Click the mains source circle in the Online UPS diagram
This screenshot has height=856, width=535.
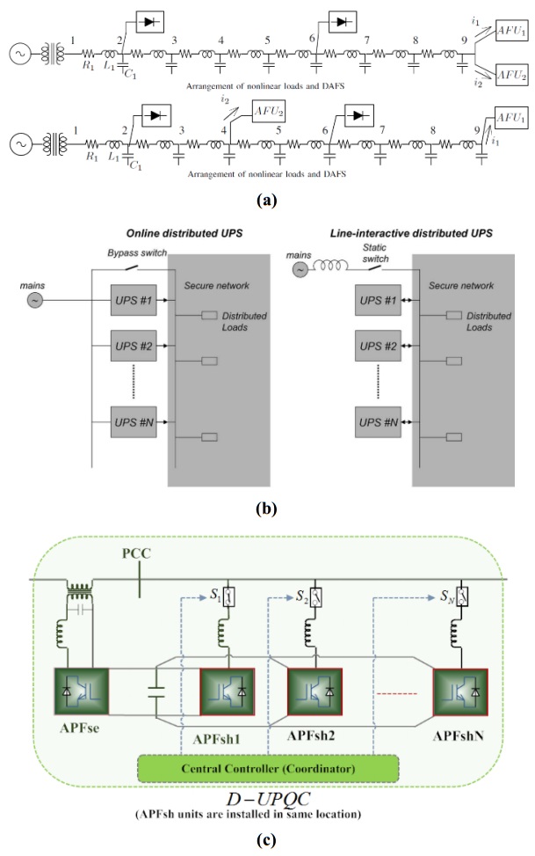[60, 301]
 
